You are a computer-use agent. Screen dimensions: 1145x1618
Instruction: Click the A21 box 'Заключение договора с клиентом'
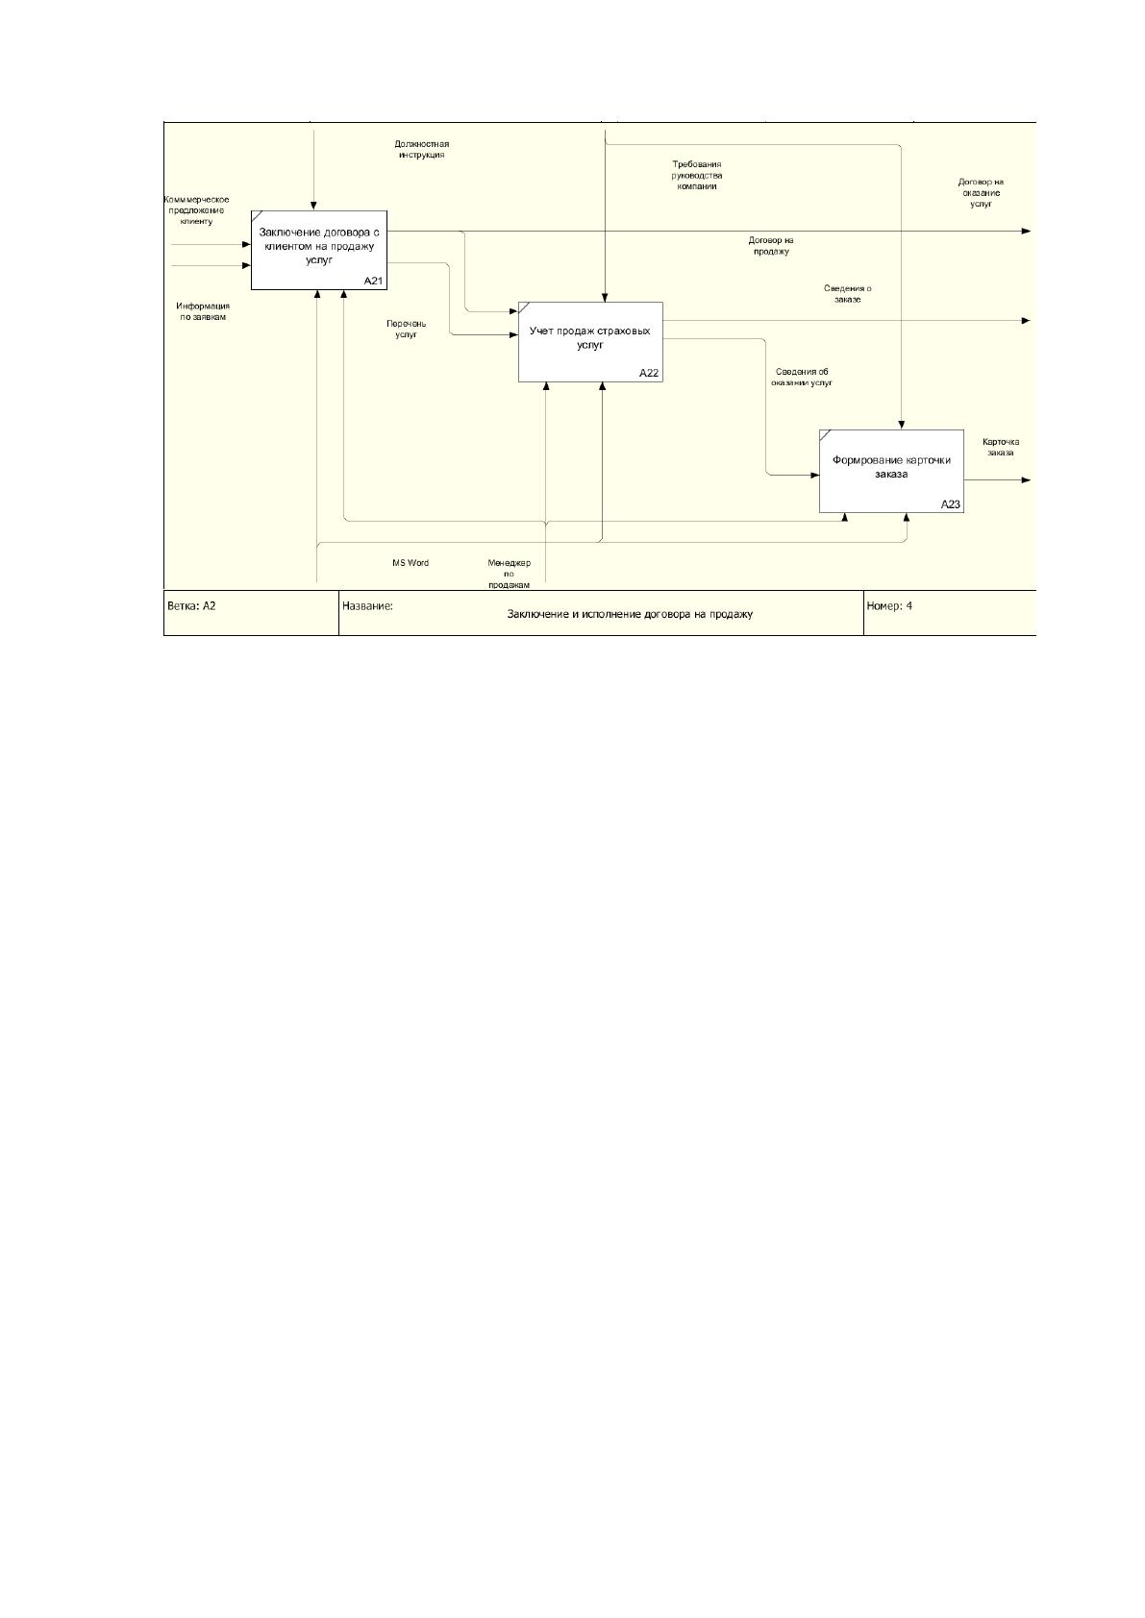[319, 250]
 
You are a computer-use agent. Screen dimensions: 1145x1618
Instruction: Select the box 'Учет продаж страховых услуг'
[590, 342]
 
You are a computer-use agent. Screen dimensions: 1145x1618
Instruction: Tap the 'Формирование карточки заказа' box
[891, 471]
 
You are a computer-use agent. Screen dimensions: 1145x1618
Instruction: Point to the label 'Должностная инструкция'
[421, 150]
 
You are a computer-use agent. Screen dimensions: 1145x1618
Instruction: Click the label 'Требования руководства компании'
[697, 176]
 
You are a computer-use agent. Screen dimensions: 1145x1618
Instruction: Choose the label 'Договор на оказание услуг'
[981, 193]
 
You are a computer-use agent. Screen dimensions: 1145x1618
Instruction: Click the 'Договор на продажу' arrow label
[771, 246]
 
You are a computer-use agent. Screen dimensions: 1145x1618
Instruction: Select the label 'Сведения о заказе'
[847, 294]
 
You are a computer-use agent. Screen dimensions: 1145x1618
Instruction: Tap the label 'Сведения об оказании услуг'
[802, 377]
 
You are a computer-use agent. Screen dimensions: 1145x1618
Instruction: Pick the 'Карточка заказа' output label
[1001, 447]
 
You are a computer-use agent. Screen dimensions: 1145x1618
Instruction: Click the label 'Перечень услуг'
[407, 330]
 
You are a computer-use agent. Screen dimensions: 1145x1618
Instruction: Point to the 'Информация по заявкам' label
[203, 311]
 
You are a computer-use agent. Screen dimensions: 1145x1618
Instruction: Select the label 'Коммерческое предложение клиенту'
[197, 210]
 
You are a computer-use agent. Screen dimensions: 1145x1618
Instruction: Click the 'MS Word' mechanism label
[411, 563]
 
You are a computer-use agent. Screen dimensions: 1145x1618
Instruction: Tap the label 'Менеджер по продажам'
[509, 574]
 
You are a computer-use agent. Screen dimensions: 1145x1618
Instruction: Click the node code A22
[649, 373]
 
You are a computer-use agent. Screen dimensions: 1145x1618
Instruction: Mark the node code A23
[951, 504]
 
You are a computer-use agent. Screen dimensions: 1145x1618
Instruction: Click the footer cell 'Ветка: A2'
[191, 606]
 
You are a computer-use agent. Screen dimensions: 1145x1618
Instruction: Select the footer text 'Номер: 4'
[889, 606]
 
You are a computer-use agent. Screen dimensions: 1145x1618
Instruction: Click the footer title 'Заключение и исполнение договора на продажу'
[630, 614]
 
